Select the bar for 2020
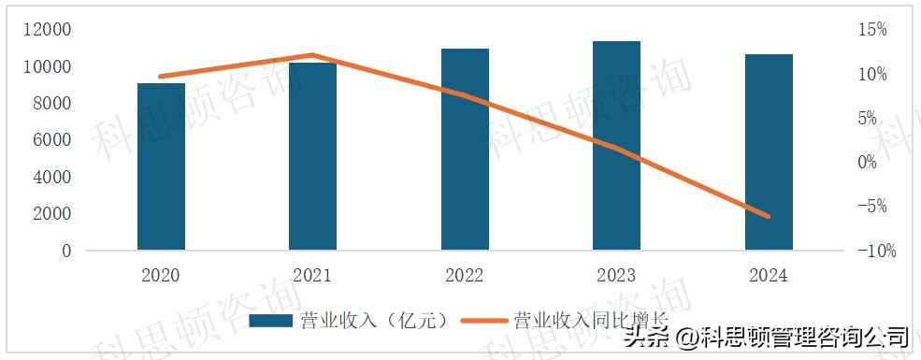pos(161,166)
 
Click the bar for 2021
pos(312,156)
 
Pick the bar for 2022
pos(465,150)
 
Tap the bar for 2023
pos(617,146)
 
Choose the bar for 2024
pos(769,152)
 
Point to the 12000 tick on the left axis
pos(48,30)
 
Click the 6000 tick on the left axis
pos(52,140)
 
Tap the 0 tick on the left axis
pos(66,251)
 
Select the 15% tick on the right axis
pos(872,30)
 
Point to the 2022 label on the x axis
pos(465,276)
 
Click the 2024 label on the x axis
pos(769,276)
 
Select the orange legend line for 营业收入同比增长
pos(487,322)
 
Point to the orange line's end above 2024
pos(769,216)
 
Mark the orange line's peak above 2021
pos(312,55)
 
